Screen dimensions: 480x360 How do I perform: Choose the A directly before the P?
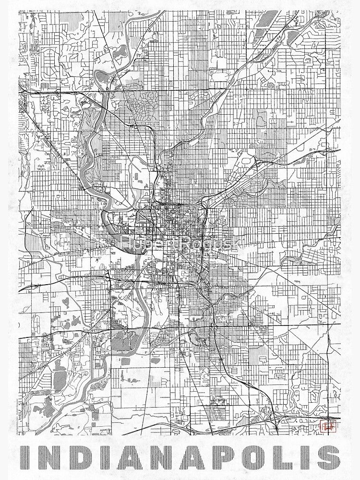click(193, 457)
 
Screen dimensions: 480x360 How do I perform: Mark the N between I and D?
click(51, 457)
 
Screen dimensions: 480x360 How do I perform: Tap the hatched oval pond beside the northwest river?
click(120, 51)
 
